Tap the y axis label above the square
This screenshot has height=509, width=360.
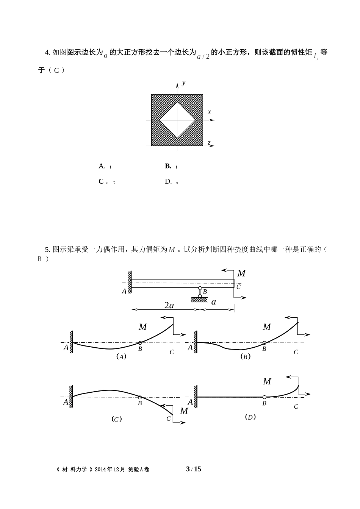(183, 83)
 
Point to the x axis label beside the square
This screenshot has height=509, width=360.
(209, 112)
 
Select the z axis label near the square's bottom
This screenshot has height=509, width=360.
(209, 142)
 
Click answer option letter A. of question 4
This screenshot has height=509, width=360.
(102, 166)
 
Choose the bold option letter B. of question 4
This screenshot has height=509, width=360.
(168, 166)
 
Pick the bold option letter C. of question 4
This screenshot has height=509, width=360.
(102, 181)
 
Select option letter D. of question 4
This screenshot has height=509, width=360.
(168, 181)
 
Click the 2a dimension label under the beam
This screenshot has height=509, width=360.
(169, 305)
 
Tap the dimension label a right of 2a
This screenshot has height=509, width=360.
(213, 302)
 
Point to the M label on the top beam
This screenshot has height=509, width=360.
(241, 273)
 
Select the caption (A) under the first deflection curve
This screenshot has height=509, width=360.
(121, 356)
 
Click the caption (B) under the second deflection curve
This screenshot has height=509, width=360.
(246, 356)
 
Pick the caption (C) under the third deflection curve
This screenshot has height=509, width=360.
(116, 419)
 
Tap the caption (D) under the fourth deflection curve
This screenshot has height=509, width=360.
(250, 417)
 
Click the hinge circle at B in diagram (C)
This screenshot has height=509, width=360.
(140, 397)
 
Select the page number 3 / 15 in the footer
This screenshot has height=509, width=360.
(194, 469)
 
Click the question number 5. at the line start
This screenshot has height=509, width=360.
(47, 249)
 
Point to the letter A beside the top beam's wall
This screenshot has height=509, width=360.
(124, 292)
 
